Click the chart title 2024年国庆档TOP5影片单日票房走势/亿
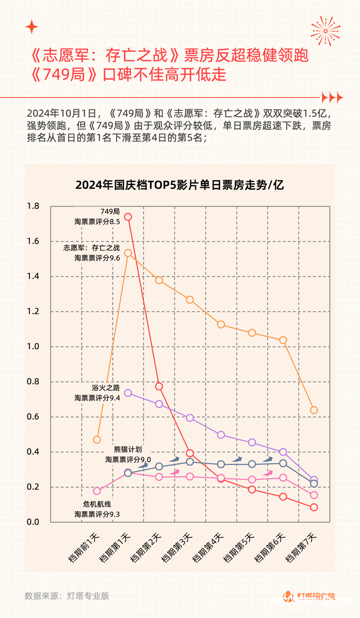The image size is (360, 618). (x=179, y=185)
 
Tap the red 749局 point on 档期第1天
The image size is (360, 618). (x=128, y=217)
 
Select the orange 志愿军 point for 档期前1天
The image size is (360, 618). (x=97, y=440)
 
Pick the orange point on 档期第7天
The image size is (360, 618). (x=314, y=410)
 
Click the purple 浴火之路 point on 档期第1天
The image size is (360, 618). (x=128, y=393)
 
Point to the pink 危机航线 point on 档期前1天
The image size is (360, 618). (x=97, y=491)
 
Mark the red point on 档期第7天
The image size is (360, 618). (x=314, y=507)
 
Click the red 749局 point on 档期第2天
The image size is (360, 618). (x=159, y=386)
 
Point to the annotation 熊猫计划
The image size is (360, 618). (x=128, y=450)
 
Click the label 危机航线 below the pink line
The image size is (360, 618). (x=97, y=504)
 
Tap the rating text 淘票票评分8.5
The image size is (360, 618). (x=97, y=221)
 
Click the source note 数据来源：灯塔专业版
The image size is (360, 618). (x=67, y=596)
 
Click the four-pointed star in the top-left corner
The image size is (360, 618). (x=32, y=27)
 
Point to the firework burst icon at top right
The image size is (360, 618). (x=325, y=31)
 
